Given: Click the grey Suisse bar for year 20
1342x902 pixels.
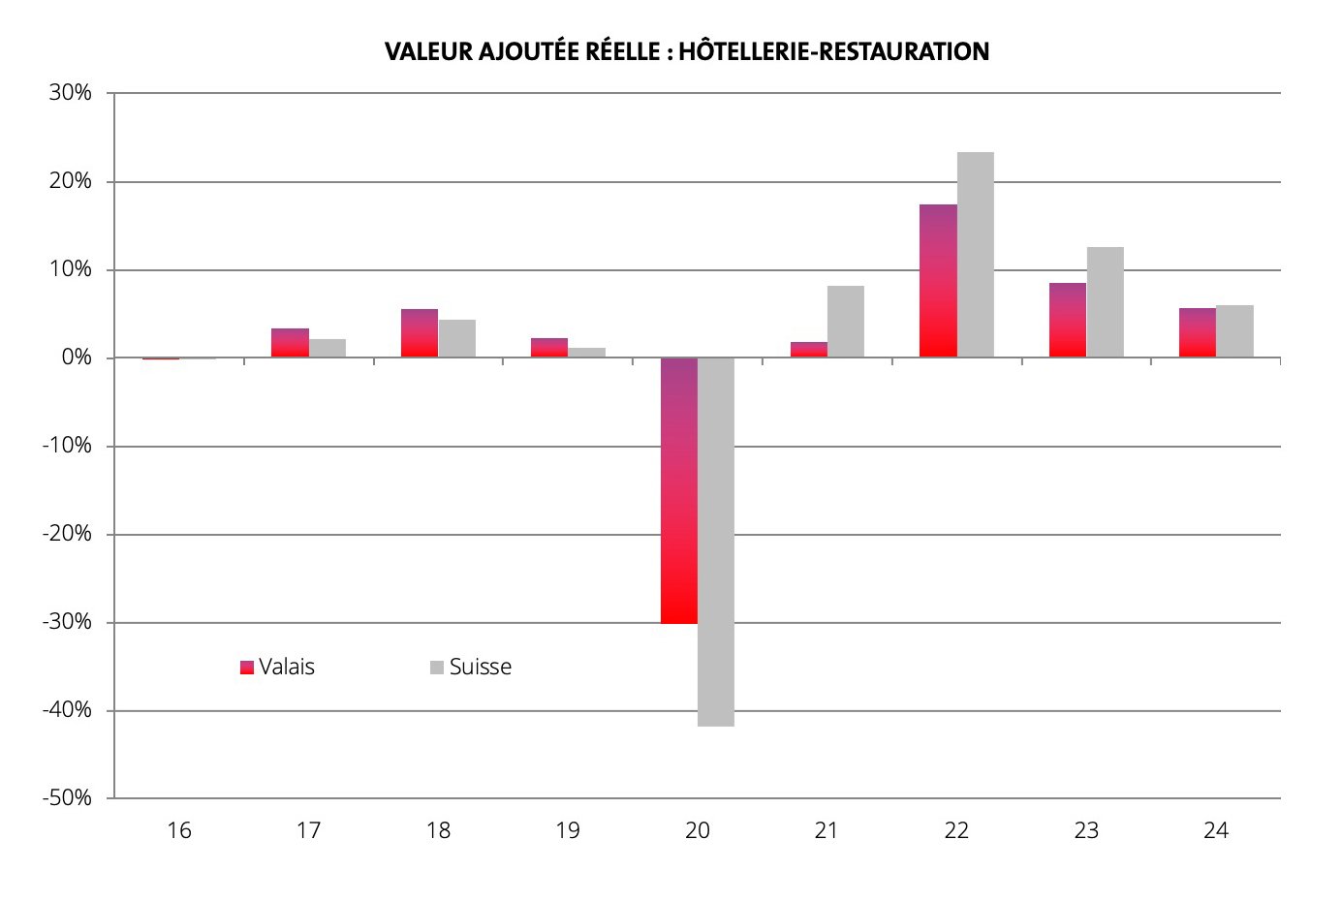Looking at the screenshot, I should [716, 542].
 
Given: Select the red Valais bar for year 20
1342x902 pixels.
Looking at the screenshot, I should [678, 490].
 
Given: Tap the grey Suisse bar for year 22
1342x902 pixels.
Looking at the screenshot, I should [975, 255].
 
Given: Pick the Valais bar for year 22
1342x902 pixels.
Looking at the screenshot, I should [938, 281].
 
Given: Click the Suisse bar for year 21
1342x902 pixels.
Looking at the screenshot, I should [845, 322].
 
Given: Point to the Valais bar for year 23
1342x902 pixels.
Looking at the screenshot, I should [1068, 320].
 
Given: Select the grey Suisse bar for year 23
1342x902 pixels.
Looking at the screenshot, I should [1105, 302].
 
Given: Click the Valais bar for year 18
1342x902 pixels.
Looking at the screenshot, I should [420, 333].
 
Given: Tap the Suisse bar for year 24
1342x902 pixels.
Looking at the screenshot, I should [1234, 331].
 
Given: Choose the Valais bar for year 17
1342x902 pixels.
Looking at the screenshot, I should [290, 343].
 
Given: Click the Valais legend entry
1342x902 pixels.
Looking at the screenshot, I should [278, 667].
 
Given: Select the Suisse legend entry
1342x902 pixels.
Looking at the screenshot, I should [471, 667].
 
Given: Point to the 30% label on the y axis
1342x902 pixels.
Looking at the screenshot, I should [71, 93].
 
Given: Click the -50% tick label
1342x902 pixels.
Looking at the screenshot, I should [67, 798].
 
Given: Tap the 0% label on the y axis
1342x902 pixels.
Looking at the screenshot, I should [77, 358].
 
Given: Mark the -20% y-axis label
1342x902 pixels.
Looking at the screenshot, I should [67, 534].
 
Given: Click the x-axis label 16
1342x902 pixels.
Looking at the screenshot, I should [178, 830].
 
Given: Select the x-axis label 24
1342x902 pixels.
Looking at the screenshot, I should [1215, 830].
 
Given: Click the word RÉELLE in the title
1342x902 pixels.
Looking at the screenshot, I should [624, 51].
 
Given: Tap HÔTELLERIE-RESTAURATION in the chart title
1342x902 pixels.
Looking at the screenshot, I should [833, 51].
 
